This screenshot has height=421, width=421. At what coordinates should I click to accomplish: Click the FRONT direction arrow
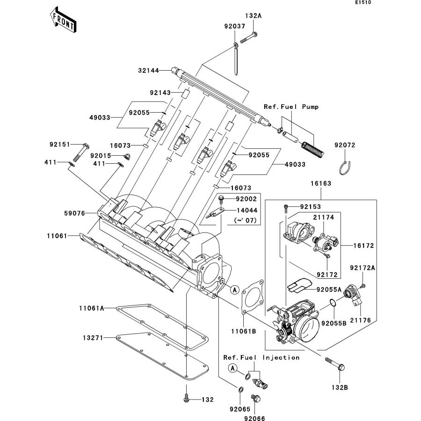coord(63,19)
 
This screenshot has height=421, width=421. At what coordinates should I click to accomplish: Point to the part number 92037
coord(234,27)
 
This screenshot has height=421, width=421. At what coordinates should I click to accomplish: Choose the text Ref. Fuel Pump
coord(290,107)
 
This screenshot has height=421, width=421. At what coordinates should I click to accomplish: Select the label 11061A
coord(91,308)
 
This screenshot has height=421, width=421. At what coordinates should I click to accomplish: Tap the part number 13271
coord(93,337)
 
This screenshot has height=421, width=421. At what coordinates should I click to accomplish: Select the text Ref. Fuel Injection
coord(261,357)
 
